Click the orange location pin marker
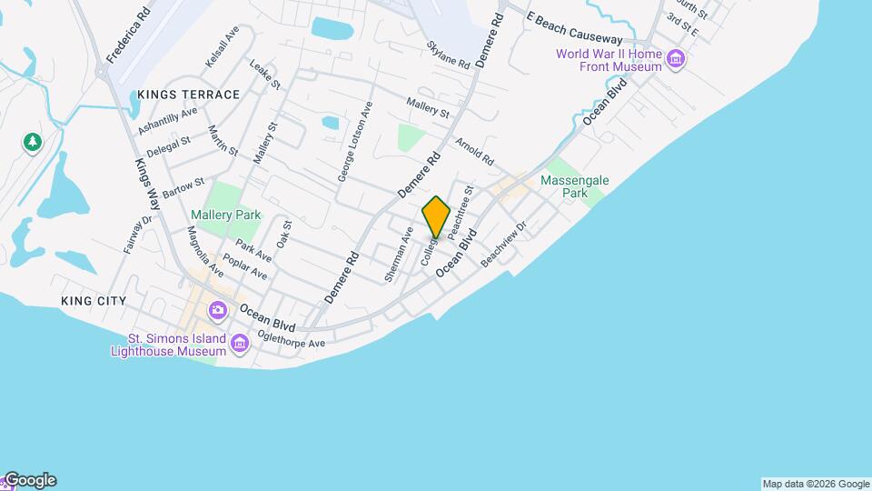[x=437, y=216]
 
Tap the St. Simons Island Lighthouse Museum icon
[x=240, y=343]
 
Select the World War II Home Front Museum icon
[x=675, y=61]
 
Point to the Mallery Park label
[x=226, y=215]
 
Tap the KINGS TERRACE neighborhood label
[x=189, y=95]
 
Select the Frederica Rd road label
[x=127, y=36]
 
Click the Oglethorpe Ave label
[x=291, y=338]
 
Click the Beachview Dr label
[x=504, y=244]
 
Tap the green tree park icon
[x=33, y=142]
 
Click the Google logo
[x=29, y=480]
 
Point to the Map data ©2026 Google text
[x=816, y=484]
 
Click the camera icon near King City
[x=217, y=310]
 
